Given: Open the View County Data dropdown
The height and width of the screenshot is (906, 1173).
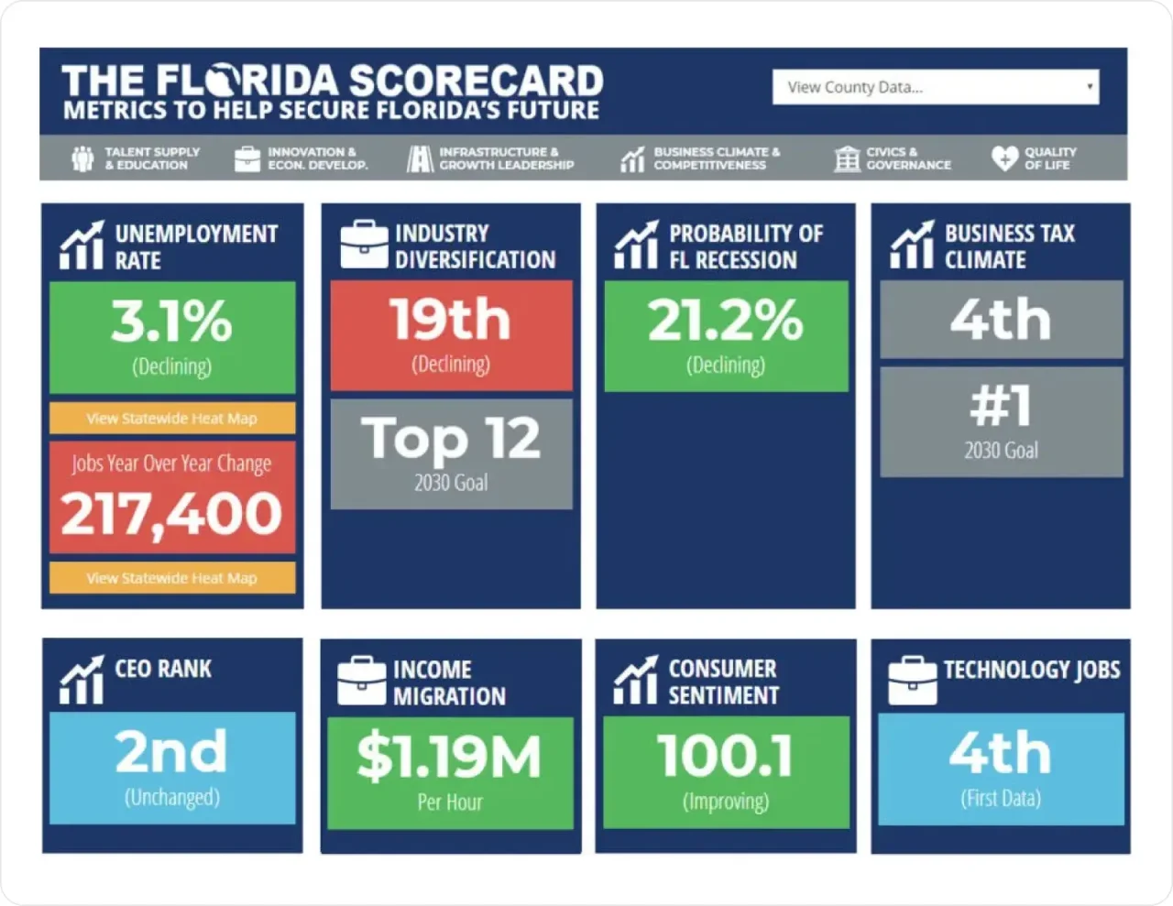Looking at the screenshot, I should point(935,87).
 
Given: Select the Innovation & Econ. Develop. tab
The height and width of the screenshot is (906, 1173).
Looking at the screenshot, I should point(301,158).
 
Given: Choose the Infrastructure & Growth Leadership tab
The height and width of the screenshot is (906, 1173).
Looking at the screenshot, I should point(491,158).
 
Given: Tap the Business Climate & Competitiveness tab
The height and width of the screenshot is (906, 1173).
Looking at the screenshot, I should point(701,158).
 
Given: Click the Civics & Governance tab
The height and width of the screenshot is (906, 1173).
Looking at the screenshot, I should point(893,158).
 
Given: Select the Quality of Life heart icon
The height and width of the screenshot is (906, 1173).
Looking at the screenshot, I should point(1004,158).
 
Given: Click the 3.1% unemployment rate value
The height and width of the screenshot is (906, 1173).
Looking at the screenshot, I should point(172,322).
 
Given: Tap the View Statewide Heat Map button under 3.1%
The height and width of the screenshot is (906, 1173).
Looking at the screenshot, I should point(172,419).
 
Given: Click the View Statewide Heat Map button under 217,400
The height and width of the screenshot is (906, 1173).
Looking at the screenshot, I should point(172,578).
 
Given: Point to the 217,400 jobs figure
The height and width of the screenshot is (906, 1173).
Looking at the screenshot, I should point(172,513).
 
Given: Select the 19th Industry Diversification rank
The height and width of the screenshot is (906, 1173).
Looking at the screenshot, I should point(451,320).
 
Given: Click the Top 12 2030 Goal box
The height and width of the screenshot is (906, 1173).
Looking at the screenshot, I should point(451,453).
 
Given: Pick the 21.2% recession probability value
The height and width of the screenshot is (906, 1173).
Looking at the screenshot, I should point(726,321).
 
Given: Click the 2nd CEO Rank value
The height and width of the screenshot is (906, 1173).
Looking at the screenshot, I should point(172,752).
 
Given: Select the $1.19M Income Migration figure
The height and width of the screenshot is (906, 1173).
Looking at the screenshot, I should point(450,758).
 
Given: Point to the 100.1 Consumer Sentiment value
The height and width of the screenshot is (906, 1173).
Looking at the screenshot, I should point(726,757).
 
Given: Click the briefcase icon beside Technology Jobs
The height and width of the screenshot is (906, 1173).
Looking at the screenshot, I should point(912,681).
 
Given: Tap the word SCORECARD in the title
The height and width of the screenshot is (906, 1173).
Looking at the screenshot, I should point(476,82).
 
